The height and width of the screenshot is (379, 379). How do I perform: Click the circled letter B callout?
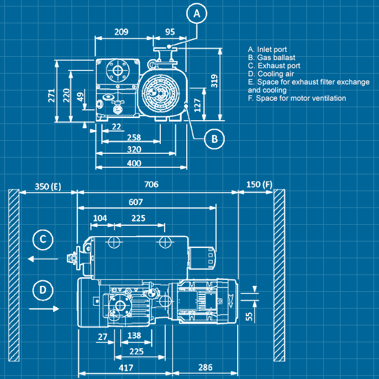tap(214, 139)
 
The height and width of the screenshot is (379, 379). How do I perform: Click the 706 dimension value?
tap(151, 185)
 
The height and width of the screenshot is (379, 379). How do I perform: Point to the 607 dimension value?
tap(136, 202)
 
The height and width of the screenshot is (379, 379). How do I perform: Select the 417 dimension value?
tap(126, 368)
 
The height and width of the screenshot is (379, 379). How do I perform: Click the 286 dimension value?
tap(206, 368)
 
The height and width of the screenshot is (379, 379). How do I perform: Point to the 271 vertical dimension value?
tap(51, 95)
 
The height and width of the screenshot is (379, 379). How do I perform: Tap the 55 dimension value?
tap(250, 316)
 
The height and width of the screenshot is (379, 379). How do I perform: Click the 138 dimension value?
tap(134, 336)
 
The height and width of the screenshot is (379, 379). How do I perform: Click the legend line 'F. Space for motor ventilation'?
tap(297, 99)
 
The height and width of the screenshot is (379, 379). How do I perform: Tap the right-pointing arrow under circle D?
tap(43, 309)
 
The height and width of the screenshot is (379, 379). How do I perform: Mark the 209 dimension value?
tap(121, 32)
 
